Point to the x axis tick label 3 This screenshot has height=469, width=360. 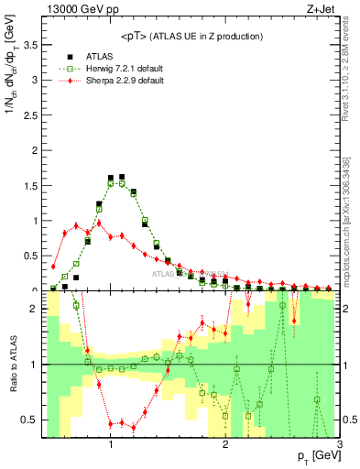tap(339, 444)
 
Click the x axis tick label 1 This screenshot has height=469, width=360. tap(110, 444)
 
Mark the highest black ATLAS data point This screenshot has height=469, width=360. tap(122, 177)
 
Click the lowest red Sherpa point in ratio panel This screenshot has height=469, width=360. tap(134, 428)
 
